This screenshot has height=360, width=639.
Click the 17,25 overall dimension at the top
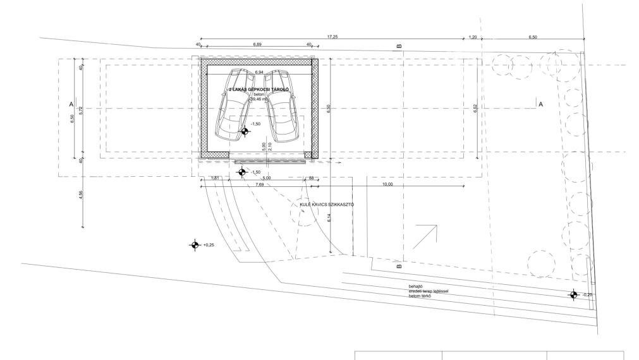332,37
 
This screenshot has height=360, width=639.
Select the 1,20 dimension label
472,37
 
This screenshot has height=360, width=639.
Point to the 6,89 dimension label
257,45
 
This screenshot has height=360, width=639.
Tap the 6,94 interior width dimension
259,73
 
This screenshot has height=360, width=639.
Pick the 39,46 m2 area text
259,99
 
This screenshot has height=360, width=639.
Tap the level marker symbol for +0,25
195,245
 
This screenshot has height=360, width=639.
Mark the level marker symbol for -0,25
573,294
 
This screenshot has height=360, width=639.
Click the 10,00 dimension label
387,184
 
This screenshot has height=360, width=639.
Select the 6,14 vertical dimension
330,217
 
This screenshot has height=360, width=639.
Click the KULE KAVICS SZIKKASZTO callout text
327,204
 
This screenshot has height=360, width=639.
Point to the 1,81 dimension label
214,179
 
